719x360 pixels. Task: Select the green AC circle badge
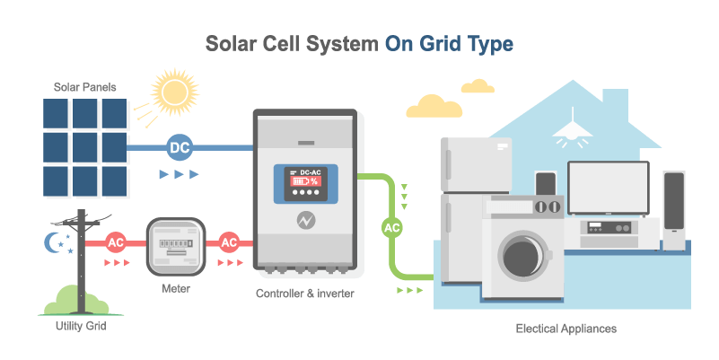click(392, 227)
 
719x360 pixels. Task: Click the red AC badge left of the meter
click(116, 242)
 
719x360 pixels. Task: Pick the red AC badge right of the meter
click(229, 242)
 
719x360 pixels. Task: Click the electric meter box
click(175, 247)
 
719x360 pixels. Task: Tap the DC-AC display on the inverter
click(303, 180)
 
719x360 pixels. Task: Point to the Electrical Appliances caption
click(566, 329)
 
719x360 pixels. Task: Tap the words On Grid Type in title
click(449, 43)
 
